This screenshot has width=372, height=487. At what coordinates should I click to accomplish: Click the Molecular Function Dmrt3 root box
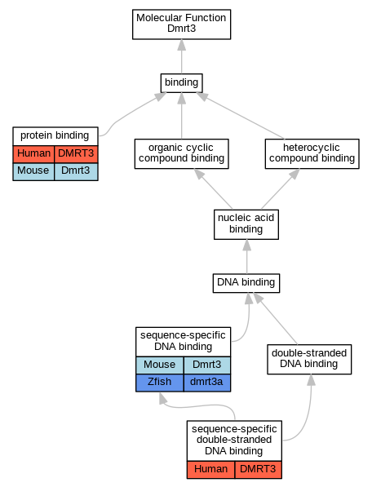181,24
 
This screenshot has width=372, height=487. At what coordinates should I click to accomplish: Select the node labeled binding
181,83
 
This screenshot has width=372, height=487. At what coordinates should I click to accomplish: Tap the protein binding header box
55,136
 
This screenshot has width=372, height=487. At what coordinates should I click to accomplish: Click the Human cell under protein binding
33,154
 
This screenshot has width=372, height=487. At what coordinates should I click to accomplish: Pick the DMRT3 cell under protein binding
76,154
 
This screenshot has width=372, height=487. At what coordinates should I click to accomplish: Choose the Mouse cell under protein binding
33,171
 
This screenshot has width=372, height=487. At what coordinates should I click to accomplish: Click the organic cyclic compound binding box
181,153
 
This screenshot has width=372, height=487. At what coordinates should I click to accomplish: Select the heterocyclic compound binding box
312,153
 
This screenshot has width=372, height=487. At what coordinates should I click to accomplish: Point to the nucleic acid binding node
246,224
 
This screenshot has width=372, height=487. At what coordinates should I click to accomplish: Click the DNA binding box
246,283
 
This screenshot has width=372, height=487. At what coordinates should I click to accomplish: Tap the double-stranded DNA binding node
309,359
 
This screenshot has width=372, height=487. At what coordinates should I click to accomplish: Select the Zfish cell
160,383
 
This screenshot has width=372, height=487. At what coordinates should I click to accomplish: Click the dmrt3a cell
207,383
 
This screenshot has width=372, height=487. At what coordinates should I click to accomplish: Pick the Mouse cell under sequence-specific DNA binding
160,365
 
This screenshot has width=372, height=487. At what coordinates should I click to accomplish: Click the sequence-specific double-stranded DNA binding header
234,441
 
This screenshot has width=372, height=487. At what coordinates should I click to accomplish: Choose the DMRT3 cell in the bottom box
259,470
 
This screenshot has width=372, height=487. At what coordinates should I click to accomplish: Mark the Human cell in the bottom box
210,470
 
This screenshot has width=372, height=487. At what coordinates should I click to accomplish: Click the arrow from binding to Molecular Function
182,56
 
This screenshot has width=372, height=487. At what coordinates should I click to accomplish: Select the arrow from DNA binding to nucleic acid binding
247,256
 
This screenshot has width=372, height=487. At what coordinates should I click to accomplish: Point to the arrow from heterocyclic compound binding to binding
241,116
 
